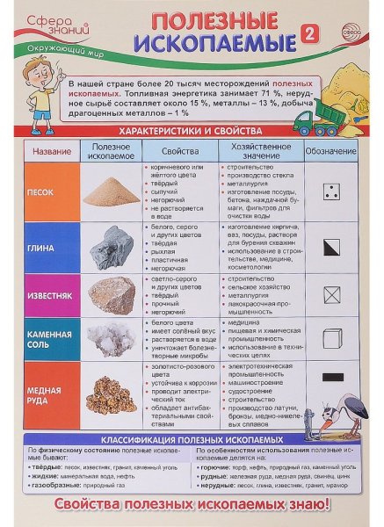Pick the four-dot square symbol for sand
(x=331, y=191)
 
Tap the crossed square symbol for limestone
(x=331, y=293)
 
